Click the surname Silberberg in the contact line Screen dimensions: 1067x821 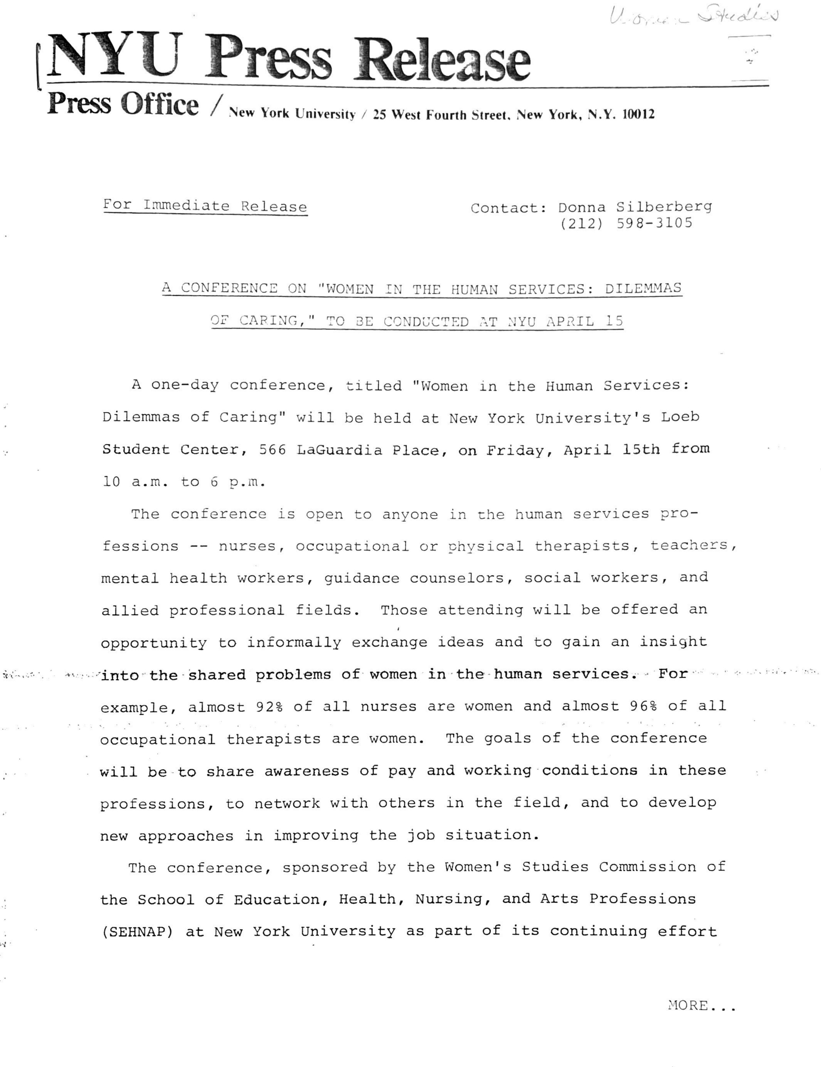pos(663,207)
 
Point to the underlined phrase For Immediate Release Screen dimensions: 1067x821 pos(205,206)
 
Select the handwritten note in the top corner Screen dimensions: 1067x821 pos(694,17)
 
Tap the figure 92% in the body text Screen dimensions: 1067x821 pos(269,706)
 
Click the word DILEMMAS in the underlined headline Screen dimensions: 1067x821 pos(643,288)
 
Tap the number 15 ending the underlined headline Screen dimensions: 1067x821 pos(614,320)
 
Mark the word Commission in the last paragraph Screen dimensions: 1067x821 pos(648,867)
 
